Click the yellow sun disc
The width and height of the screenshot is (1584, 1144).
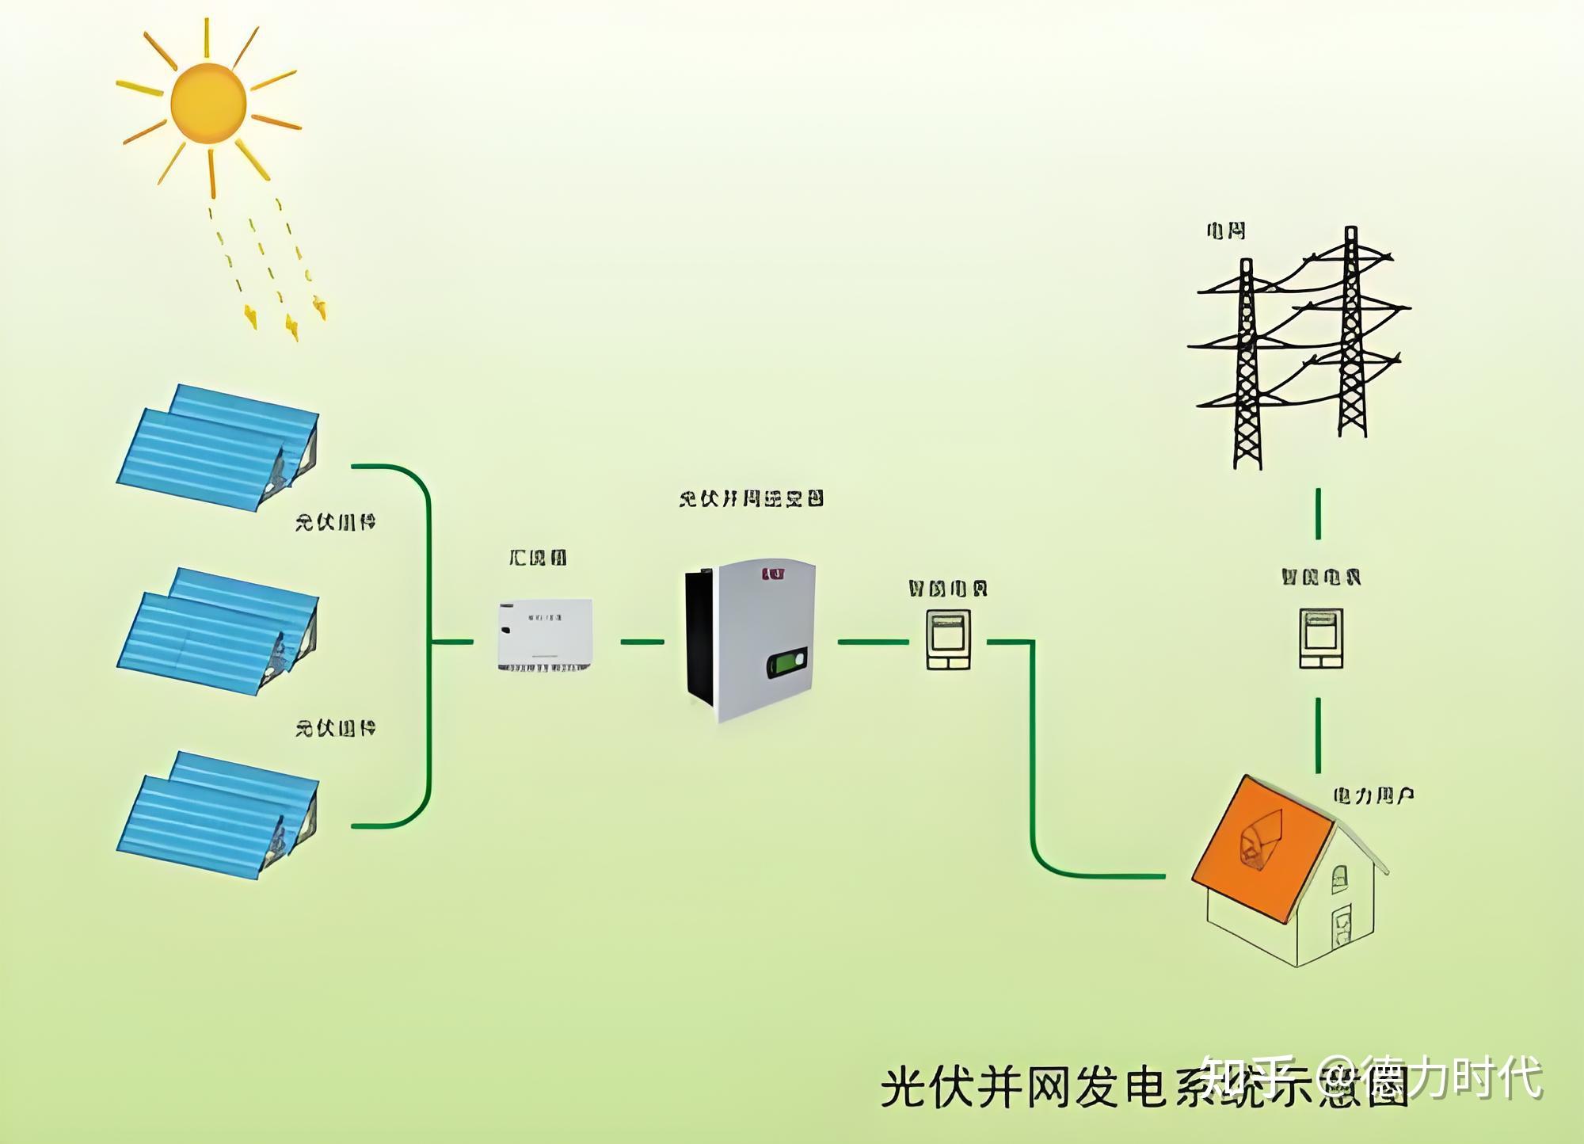[208, 104]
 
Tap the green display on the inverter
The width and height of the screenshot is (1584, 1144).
[787, 662]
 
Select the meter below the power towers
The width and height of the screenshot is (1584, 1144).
[1321, 639]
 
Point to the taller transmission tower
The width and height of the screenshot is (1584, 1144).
[1351, 333]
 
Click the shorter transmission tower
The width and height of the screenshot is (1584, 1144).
[1247, 364]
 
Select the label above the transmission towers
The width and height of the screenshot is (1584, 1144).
[1225, 231]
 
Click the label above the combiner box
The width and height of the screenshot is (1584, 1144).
[538, 558]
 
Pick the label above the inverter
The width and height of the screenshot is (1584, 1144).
[751, 498]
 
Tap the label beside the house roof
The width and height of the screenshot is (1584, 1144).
[1373, 795]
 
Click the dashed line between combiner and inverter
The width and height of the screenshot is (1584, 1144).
[642, 642]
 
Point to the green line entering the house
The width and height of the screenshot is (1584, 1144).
[1101, 875]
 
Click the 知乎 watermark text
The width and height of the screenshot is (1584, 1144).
[1247, 1077]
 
